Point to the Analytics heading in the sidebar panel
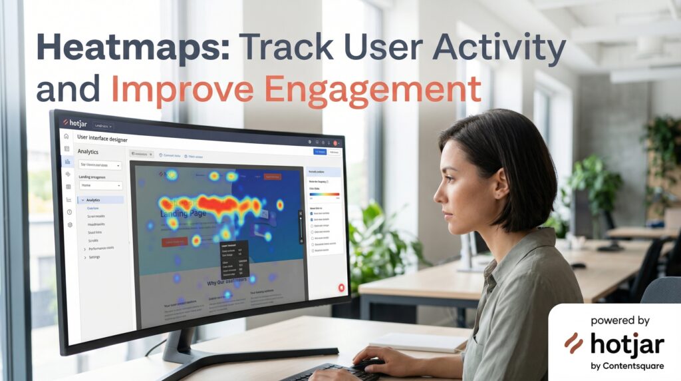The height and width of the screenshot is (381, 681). (88, 151)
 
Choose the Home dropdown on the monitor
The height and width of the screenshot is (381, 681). (100, 186)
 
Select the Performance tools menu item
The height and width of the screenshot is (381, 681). (100, 248)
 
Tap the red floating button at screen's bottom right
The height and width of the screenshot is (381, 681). (341, 288)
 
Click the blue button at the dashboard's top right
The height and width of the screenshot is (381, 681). (320, 152)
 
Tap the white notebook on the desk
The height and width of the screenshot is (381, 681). (418, 342)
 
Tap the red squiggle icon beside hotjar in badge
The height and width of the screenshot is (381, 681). (573, 343)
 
